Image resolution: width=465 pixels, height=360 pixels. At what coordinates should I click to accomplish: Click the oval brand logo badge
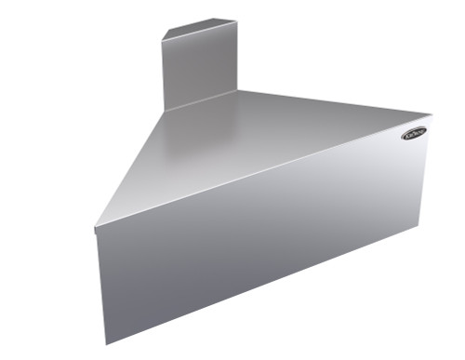click(415, 133)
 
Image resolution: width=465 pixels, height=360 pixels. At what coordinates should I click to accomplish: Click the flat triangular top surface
click(251, 149)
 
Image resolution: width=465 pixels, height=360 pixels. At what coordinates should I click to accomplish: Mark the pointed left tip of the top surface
click(96, 226)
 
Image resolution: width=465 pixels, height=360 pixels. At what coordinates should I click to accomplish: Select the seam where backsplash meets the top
click(200, 100)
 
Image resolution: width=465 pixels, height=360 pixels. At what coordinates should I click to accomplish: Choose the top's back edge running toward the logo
click(335, 105)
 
